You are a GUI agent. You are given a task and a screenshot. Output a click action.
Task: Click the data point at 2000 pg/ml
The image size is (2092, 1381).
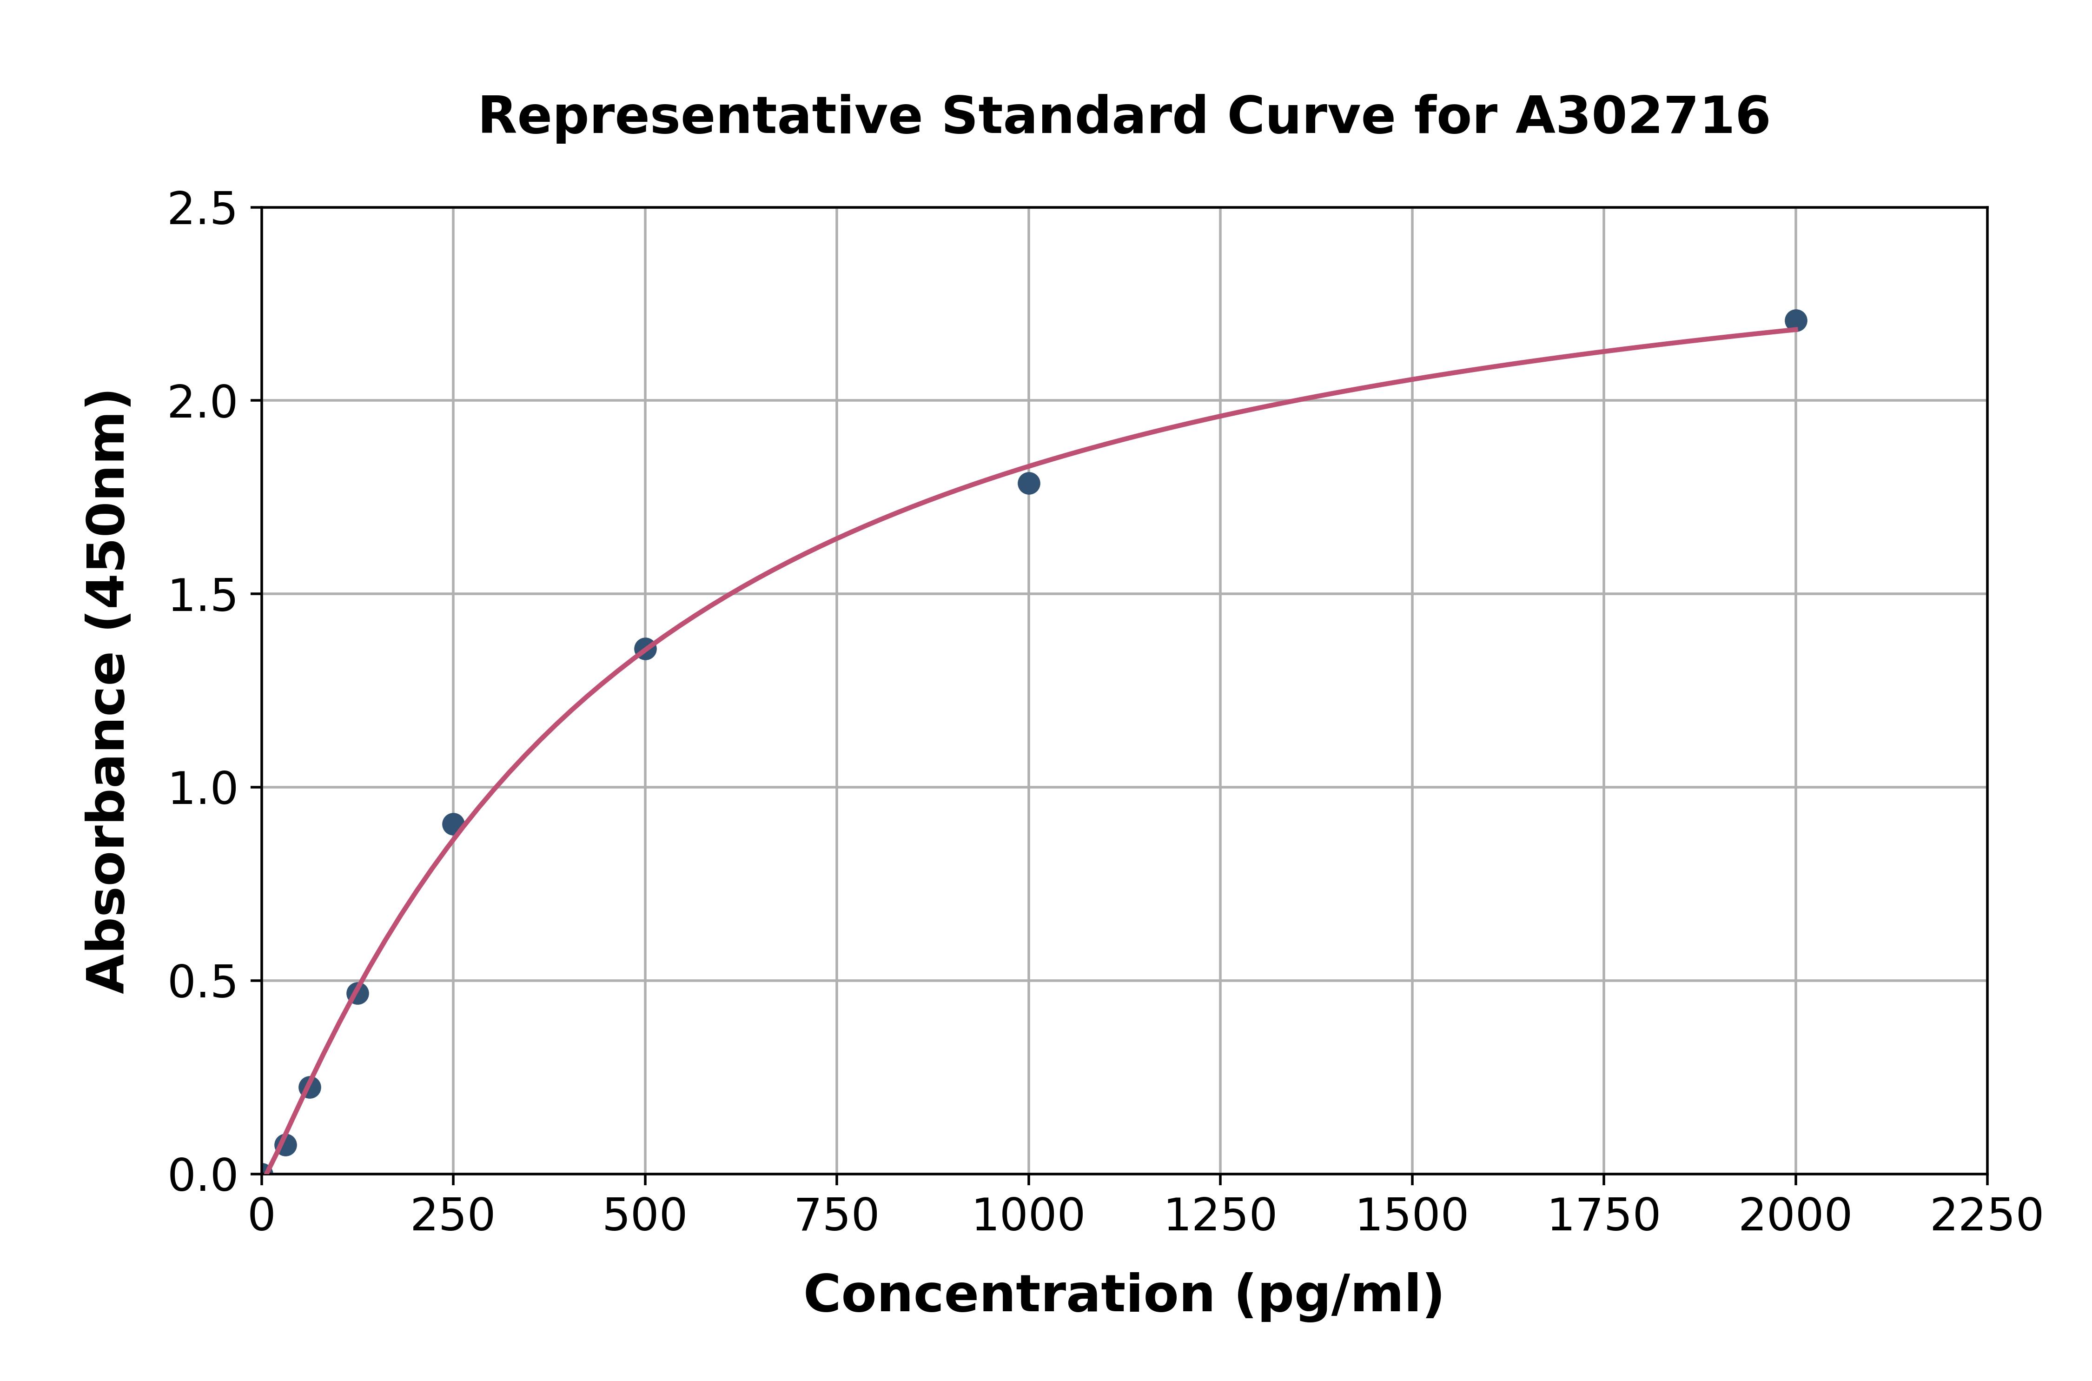[x=1795, y=320]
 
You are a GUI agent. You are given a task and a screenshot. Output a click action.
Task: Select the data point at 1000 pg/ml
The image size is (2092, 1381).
[x=1028, y=483]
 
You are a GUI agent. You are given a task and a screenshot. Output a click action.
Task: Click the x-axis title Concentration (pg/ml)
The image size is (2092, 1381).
[x=1124, y=1295]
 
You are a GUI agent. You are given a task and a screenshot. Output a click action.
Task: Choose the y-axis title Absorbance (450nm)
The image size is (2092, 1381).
[x=107, y=691]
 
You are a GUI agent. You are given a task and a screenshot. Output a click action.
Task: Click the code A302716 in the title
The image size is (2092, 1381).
[x=1642, y=116]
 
